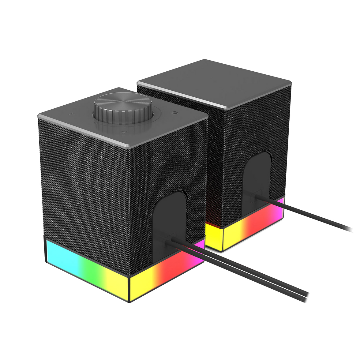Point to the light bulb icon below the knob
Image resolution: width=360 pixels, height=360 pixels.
(x=124, y=133)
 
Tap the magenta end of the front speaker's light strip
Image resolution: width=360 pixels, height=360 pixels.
(x=199, y=248)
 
